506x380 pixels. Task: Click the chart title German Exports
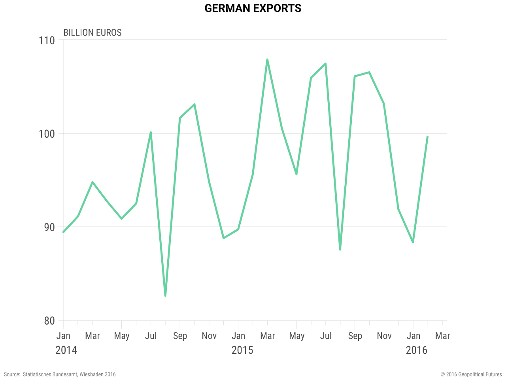click(253, 8)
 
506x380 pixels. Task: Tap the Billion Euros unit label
click(92, 32)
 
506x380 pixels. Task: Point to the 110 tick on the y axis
click(47, 40)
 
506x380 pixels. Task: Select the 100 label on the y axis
click(47, 134)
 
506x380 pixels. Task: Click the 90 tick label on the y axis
click(49, 227)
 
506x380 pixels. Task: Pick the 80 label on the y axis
click(49, 321)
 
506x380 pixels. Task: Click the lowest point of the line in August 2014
click(165, 296)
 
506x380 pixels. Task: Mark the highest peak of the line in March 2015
click(267, 60)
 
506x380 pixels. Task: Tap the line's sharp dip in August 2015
click(340, 249)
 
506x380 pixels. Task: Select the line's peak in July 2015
click(325, 64)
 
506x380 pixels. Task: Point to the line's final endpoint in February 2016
click(427, 137)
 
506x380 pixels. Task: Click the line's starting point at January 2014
click(64, 232)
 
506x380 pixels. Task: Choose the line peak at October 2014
click(194, 104)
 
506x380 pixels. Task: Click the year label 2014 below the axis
click(66, 350)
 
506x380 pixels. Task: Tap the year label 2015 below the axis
click(242, 350)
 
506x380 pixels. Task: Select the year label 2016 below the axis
click(416, 350)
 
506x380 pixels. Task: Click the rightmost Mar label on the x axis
click(442, 336)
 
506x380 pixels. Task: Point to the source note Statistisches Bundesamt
click(60, 374)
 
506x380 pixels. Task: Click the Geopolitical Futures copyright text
click(471, 374)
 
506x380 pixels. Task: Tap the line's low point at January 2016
click(413, 242)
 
